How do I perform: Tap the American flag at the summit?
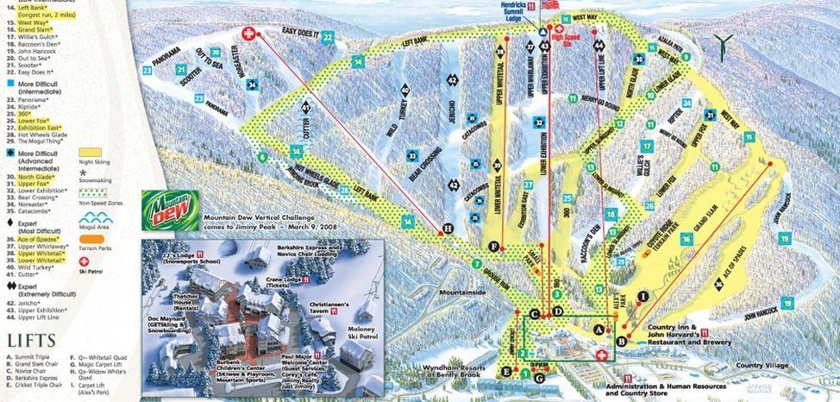pyautogui.click(x=549, y=5)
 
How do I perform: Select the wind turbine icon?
pyautogui.click(x=729, y=41)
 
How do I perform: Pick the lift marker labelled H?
pyautogui.click(x=447, y=229)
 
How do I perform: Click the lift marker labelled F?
pyautogui.click(x=493, y=246)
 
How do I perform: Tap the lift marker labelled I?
pyautogui.click(x=643, y=296)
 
